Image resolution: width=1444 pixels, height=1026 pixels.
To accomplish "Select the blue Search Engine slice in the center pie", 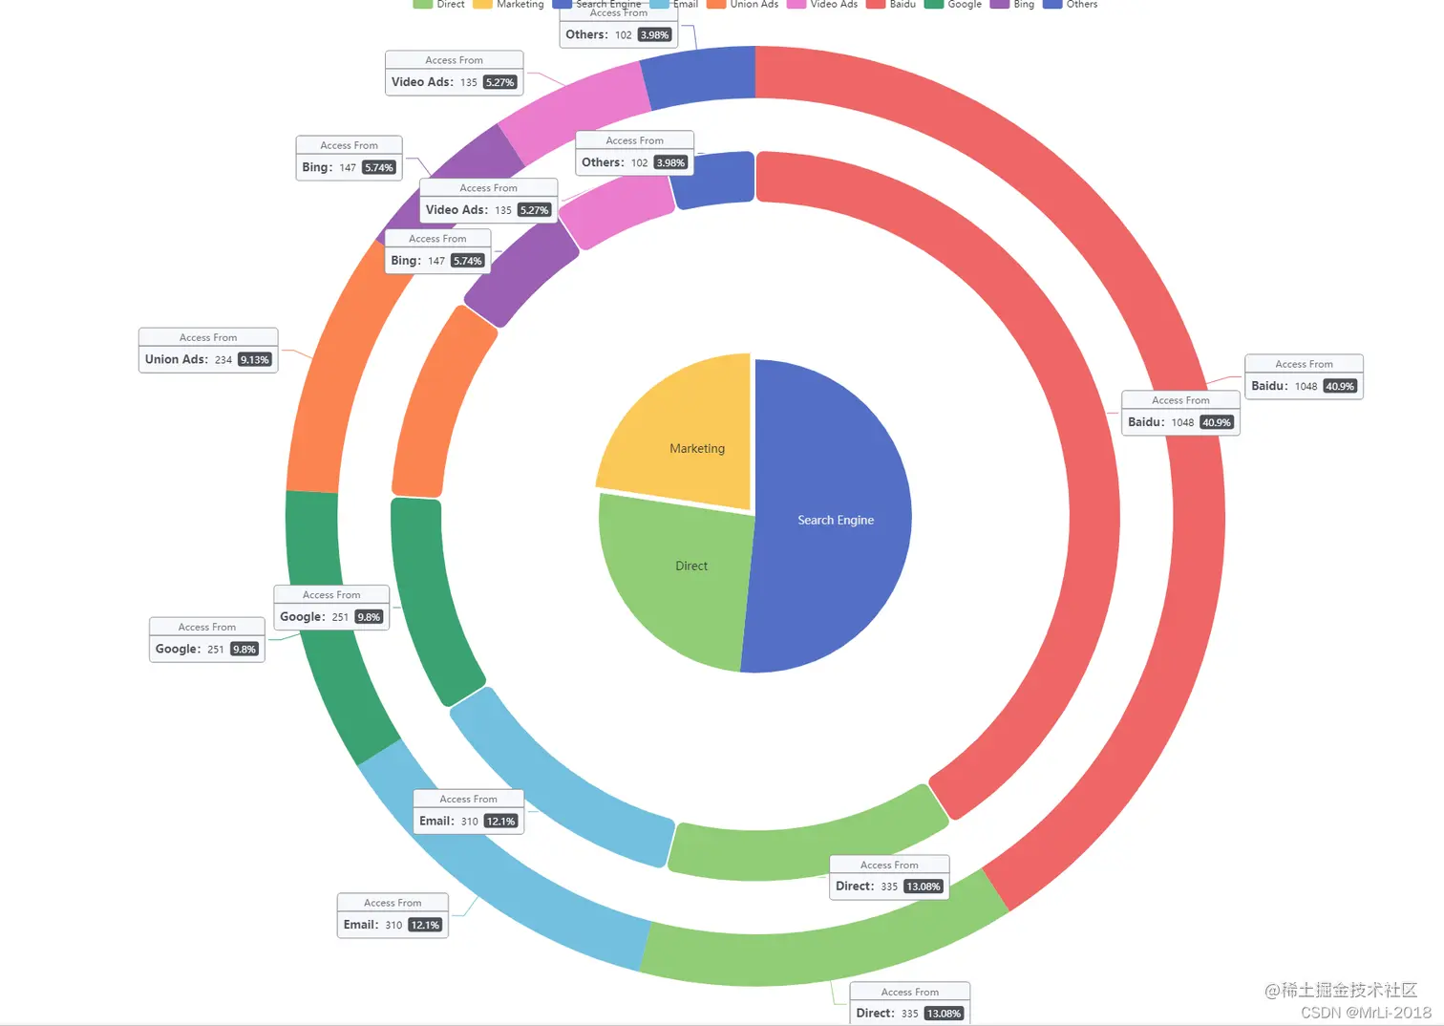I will (x=831, y=516).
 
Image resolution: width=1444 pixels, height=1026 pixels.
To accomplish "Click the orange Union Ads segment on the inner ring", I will (x=435, y=401).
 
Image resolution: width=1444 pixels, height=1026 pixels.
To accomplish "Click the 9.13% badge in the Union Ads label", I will (x=255, y=360).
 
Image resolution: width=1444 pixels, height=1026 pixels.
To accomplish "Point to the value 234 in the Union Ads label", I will (x=223, y=360).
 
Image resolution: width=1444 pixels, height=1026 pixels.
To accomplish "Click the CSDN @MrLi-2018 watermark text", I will (x=1366, y=1013).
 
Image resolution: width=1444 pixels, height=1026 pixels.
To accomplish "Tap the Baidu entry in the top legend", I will (x=892, y=5).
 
